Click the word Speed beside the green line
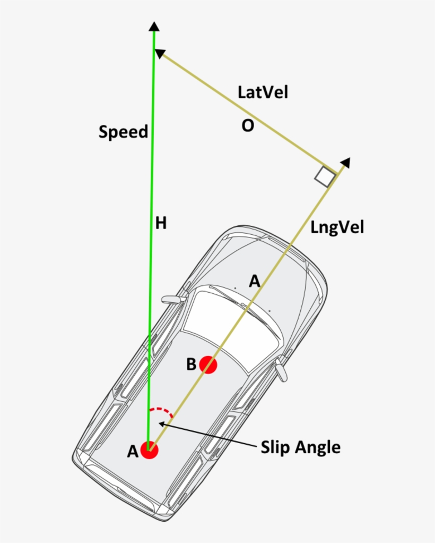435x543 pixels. [123, 132]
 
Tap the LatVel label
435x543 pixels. [263, 92]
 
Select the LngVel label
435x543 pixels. [337, 228]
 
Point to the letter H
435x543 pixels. [161, 223]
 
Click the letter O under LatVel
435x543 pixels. [248, 126]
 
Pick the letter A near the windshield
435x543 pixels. [255, 281]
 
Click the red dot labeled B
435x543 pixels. [208, 365]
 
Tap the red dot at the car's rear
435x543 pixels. [150, 450]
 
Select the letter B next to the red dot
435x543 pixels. [191, 364]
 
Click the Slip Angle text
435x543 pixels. [300, 447]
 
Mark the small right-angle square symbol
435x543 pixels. [325, 177]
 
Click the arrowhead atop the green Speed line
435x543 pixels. [154, 27]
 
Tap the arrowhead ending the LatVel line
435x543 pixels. [160, 53]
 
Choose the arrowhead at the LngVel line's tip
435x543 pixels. [345, 163]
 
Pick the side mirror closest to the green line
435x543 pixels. [173, 299]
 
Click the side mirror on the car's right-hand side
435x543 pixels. [281, 369]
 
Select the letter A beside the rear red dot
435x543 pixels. [133, 451]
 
